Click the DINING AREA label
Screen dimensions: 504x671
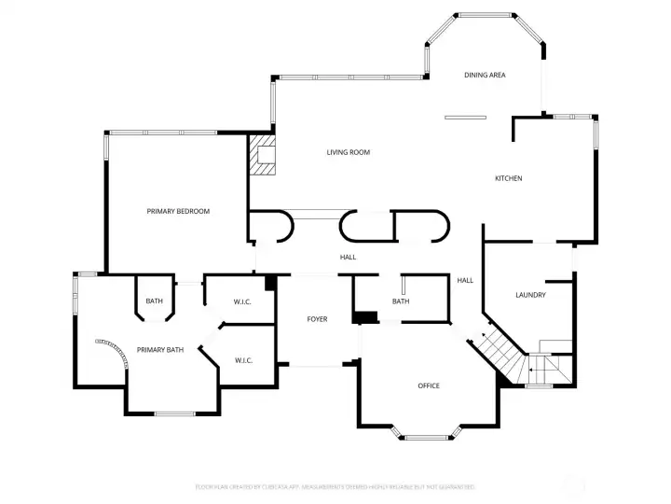tap(485, 75)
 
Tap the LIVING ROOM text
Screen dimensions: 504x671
tap(348, 152)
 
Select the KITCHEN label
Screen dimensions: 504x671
tap(508, 178)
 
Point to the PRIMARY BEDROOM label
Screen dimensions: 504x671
tap(178, 211)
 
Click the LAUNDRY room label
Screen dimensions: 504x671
tap(530, 295)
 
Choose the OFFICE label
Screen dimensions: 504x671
tap(429, 385)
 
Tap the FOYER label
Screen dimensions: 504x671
tap(317, 319)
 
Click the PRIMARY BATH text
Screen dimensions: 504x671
tap(160, 350)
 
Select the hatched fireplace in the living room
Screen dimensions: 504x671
tap(263, 155)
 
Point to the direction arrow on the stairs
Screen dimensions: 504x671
tap(485, 334)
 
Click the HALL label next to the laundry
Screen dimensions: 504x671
tap(465, 280)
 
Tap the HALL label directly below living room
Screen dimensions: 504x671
tap(348, 258)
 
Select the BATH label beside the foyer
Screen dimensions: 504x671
tap(401, 301)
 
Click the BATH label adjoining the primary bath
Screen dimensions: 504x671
tap(154, 301)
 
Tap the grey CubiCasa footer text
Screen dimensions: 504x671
tap(335, 486)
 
